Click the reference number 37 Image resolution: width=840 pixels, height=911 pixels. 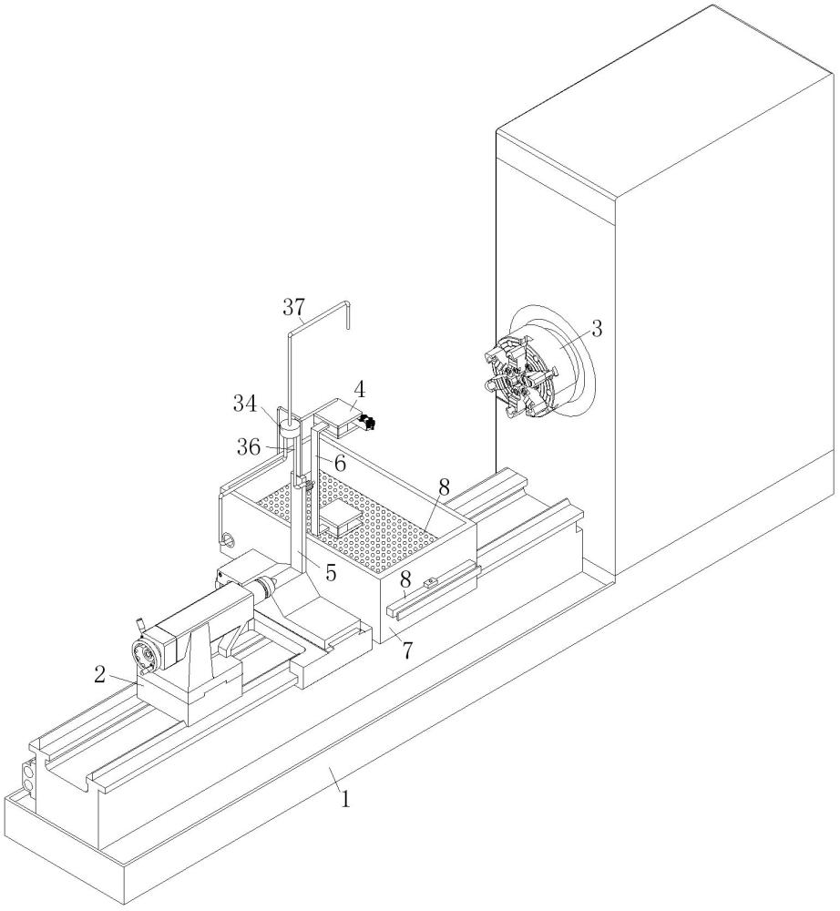click(293, 307)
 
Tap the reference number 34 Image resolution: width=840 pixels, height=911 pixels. click(245, 404)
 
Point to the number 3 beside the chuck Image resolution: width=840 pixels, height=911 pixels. click(597, 330)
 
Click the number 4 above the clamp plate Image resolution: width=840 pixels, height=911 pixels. click(360, 390)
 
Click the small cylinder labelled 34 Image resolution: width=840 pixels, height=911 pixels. click(289, 431)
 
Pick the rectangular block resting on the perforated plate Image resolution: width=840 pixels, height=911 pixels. click(340, 517)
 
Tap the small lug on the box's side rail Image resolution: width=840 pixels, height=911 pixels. click(430, 581)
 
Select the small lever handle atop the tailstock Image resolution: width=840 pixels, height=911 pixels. click(139, 625)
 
